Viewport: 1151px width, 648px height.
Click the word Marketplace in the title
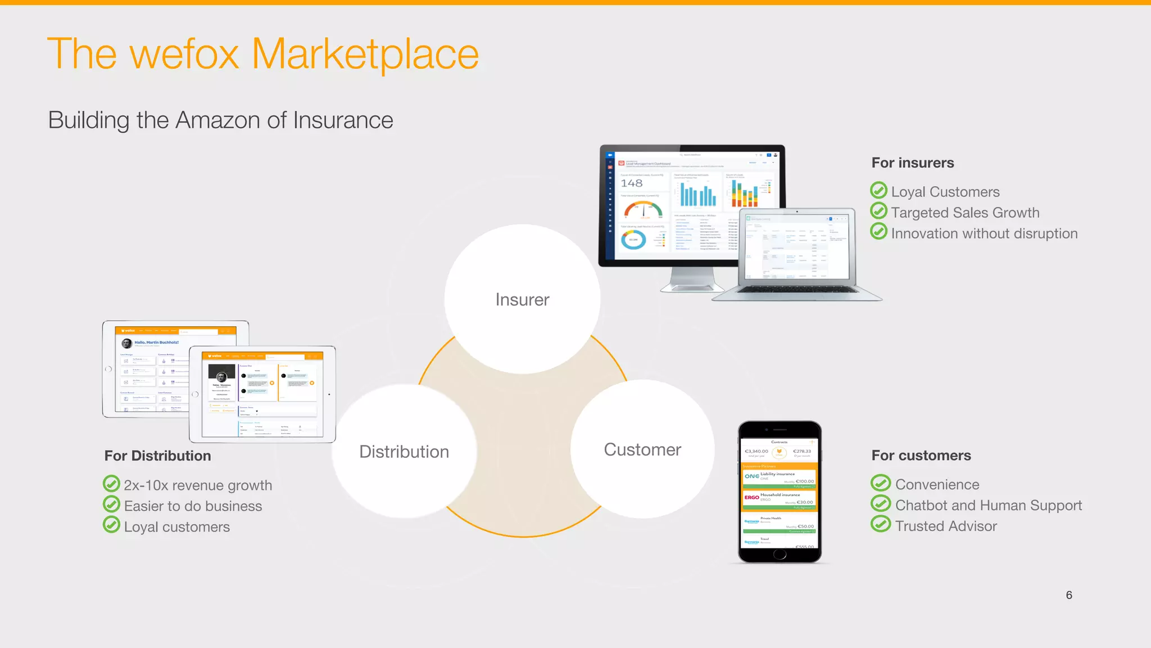point(365,55)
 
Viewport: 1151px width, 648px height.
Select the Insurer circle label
point(522,300)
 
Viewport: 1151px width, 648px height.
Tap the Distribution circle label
point(404,452)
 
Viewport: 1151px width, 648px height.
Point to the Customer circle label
point(642,450)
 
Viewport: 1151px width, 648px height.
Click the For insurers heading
point(912,163)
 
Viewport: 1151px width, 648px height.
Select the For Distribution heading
point(157,456)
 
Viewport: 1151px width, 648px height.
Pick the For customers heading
point(921,456)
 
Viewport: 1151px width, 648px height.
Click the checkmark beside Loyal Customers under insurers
point(878,191)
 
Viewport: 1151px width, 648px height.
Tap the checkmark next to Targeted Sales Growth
point(878,211)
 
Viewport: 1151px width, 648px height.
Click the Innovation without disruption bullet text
point(984,233)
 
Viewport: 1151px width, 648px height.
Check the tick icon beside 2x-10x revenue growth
point(111,484)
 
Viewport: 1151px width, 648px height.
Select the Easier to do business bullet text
point(193,506)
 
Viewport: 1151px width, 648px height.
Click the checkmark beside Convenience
point(881,483)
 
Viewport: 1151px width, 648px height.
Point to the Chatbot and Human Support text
point(988,505)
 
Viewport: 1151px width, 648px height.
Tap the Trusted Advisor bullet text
point(946,526)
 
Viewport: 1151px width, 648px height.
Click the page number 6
point(1069,595)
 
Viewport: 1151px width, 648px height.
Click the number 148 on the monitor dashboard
point(631,183)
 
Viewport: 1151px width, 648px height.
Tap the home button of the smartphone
point(780,554)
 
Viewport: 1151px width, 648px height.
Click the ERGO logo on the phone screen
point(751,497)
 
